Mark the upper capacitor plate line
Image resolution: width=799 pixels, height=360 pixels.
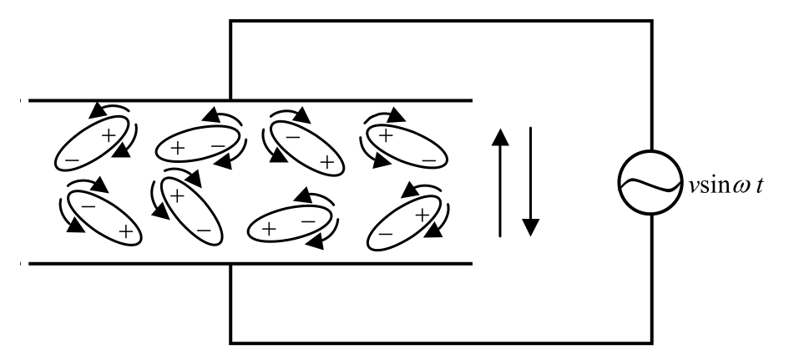click(250, 101)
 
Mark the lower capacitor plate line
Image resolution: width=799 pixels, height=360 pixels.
click(250, 264)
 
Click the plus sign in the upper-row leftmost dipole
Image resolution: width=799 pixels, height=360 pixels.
click(108, 134)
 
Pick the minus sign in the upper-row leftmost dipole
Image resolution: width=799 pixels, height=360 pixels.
click(73, 159)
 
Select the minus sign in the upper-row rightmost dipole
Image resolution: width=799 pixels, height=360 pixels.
click(427, 157)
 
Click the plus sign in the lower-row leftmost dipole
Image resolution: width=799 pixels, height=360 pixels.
click(125, 231)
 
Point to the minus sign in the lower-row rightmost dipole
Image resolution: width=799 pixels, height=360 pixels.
click(385, 236)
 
